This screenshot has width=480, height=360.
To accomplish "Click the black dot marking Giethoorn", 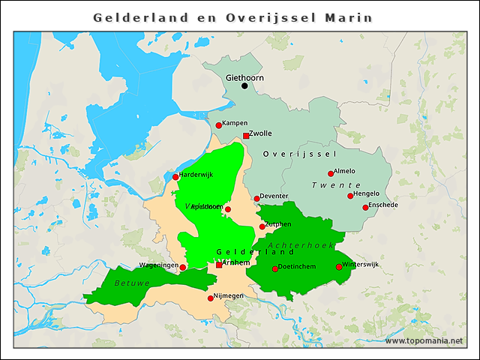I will [x=244, y=86].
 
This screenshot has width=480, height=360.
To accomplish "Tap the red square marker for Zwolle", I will [x=246, y=136].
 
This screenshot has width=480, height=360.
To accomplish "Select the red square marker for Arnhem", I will [x=219, y=265].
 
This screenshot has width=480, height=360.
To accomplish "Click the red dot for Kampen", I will [x=219, y=125].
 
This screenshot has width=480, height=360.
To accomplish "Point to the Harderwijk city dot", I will [x=175, y=177].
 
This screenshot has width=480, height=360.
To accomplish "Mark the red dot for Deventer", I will [x=256, y=199].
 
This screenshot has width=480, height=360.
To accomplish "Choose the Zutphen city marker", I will [x=262, y=226].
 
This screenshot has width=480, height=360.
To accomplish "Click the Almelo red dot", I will [x=331, y=173].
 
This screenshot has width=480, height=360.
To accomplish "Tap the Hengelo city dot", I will [x=350, y=196].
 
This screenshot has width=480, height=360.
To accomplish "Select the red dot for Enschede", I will [x=365, y=207].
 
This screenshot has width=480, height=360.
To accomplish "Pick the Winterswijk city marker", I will [x=339, y=266].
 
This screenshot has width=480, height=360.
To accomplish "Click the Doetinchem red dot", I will [x=274, y=268].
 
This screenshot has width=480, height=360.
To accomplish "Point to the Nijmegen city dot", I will [x=210, y=298].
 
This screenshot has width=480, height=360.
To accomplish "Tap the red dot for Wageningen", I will [x=183, y=267].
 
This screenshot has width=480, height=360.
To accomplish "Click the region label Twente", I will [x=336, y=185].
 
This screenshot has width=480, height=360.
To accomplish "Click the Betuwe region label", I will [x=132, y=283].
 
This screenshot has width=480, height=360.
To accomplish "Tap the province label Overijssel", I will [x=298, y=154].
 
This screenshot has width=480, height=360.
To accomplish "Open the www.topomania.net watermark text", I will [x=424, y=340].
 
